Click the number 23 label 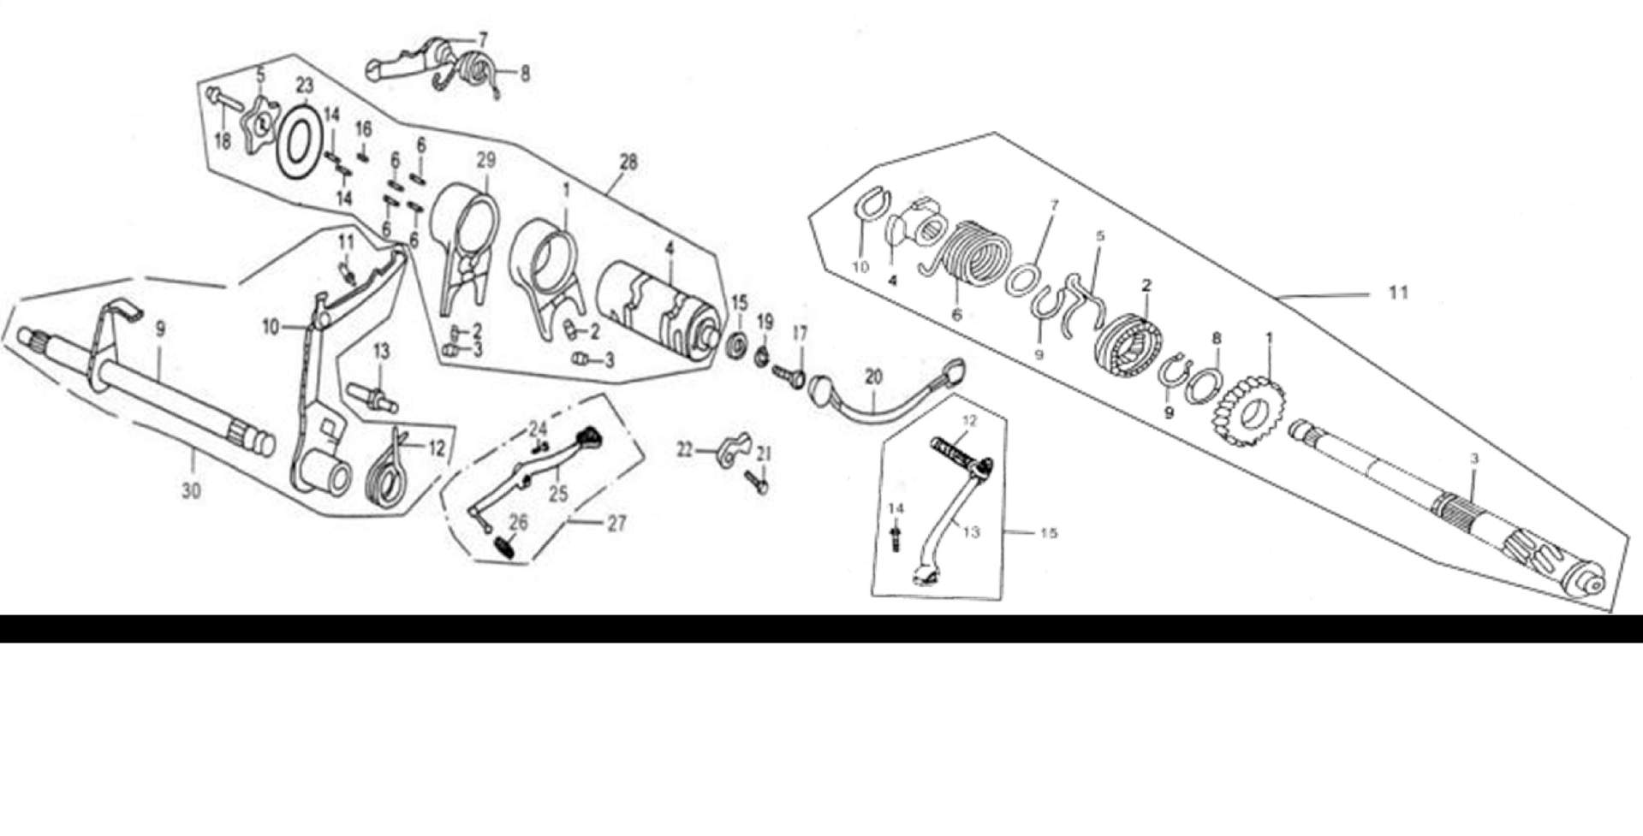305,85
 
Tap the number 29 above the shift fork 486,160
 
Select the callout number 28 628,162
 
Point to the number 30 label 192,490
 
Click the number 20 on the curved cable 872,376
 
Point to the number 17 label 800,333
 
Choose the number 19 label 765,323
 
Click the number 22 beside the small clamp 685,449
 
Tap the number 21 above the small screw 764,454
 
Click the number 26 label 519,522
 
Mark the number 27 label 617,523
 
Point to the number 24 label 537,428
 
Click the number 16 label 364,129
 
